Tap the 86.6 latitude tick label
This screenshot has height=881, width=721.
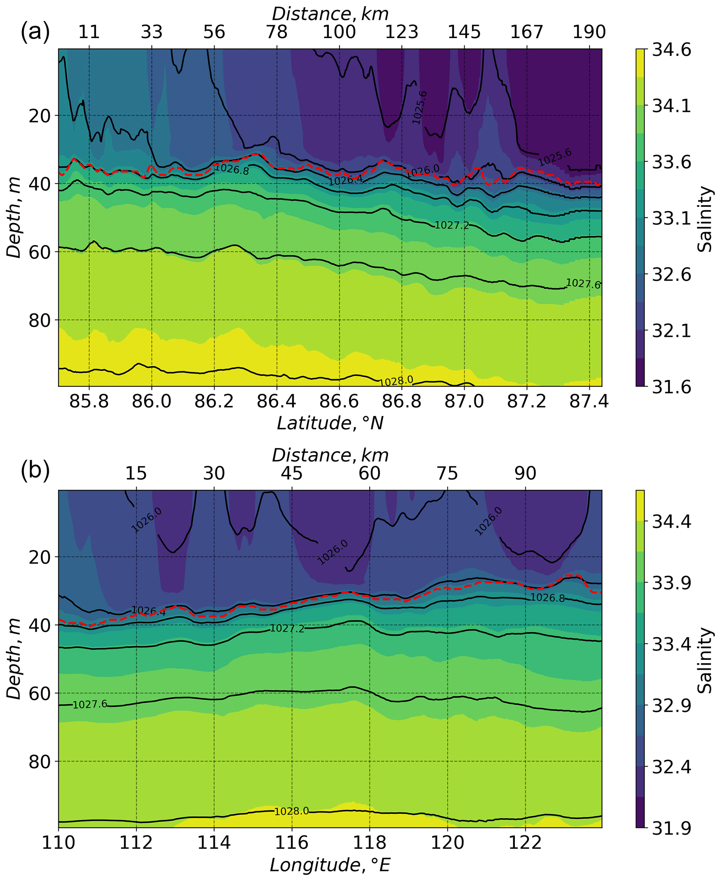(339, 401)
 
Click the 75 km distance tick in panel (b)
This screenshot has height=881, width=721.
(447, 473)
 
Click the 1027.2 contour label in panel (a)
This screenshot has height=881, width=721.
(451, 225)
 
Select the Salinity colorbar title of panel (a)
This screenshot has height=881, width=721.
(704, 219)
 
